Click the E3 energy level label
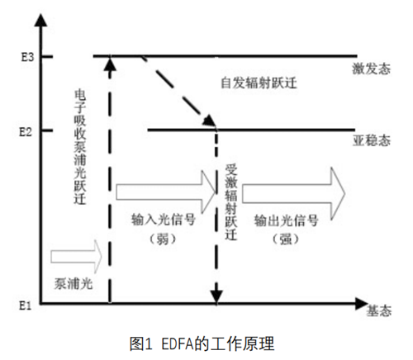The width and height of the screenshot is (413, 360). (17, 56)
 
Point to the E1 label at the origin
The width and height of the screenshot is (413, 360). (17, 306)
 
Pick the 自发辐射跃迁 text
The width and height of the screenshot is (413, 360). (258, 83)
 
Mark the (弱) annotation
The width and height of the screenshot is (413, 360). (159, 239)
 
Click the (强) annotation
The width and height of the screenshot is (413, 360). (283, 238)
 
